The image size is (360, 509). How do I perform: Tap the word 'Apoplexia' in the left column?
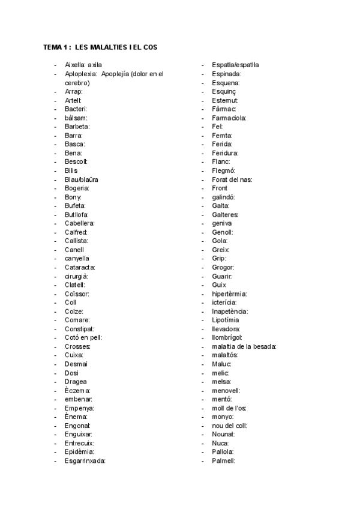80,74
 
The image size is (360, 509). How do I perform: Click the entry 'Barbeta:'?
77,127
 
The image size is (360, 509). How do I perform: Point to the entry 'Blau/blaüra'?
82,179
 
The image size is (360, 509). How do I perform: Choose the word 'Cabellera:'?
80,223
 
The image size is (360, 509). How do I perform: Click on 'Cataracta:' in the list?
80,267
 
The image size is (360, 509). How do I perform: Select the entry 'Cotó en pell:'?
83,337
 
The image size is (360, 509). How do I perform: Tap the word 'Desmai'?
76,364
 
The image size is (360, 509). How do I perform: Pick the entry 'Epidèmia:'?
79,451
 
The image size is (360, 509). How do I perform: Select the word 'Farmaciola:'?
229,118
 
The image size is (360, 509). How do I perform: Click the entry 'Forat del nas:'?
232,179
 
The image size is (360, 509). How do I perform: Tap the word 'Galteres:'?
226,214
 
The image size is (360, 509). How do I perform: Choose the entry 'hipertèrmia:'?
229,294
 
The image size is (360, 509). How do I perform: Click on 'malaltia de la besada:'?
244,346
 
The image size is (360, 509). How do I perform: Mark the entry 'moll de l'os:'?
229,408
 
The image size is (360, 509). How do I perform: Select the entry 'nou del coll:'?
229,425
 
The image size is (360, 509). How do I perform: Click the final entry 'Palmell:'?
224,460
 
